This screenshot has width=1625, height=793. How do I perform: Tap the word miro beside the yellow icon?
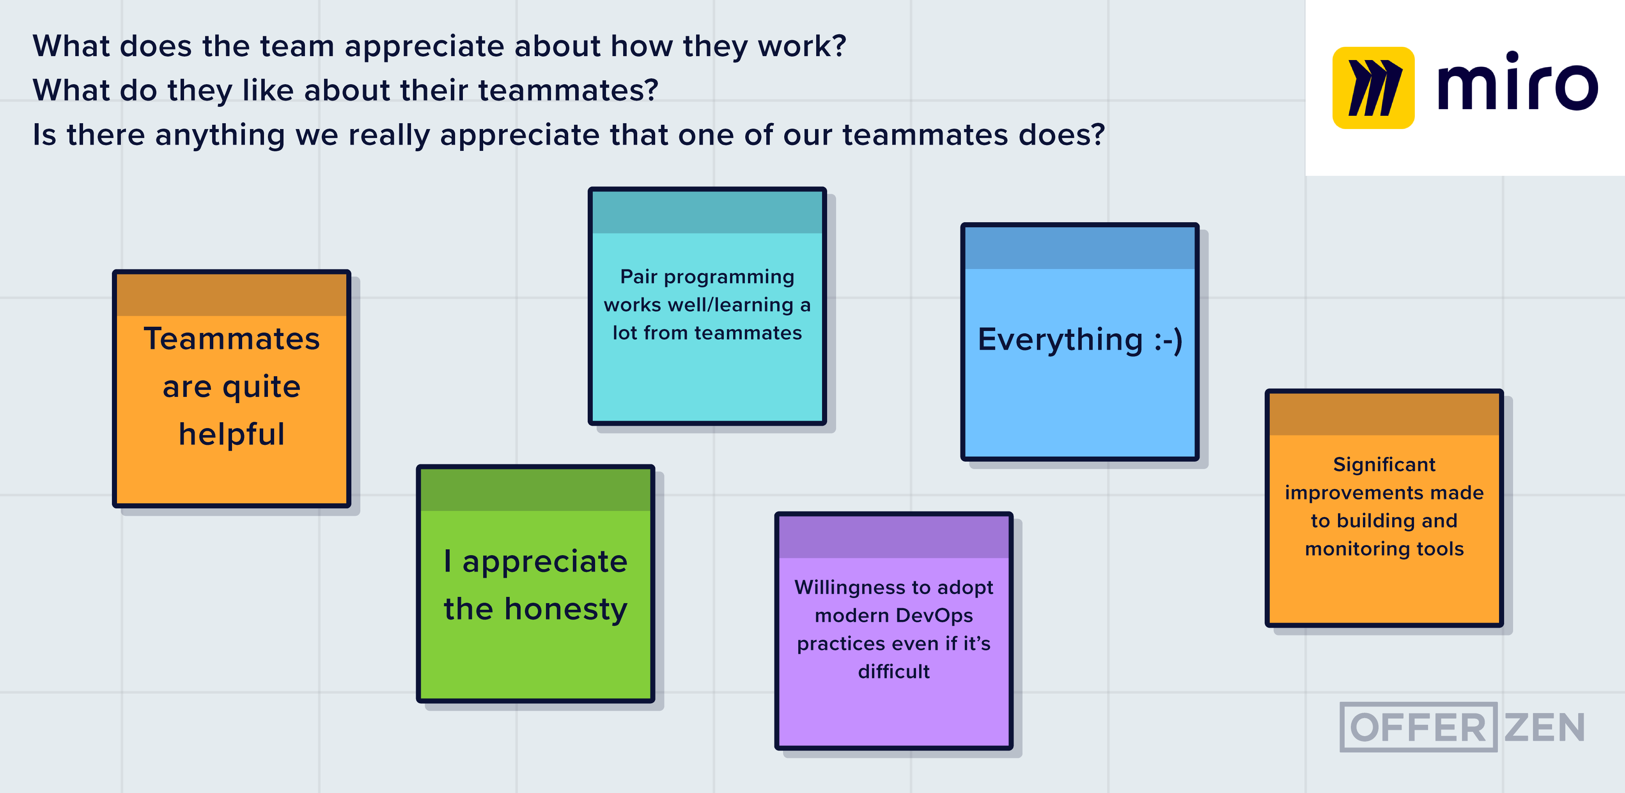[1517, 81]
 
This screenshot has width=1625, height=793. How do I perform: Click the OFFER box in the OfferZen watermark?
[1418, 727]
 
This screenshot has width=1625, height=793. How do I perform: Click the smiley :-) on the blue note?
[1168, 341]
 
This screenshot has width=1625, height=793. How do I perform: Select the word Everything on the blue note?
[1060, 341]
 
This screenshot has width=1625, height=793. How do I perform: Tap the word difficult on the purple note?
[893, 671]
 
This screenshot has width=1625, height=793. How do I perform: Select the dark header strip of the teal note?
[707, 212]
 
